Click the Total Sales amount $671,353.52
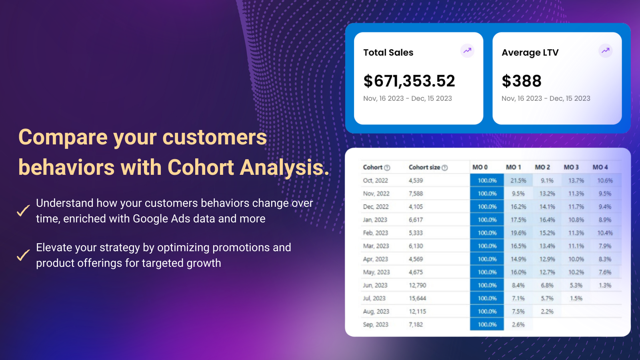409,81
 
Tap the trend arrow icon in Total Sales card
467,51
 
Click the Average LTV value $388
522,81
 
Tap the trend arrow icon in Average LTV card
606,51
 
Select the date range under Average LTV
546,98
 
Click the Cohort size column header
424,167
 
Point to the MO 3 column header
571,167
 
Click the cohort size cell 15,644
417,298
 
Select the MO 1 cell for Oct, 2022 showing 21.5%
518,180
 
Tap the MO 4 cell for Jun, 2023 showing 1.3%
605,285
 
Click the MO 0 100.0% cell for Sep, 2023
487,324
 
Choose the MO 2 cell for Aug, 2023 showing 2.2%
547,312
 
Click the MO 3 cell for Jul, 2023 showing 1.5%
576,298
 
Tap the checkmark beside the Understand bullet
23,210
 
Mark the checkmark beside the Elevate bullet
23,255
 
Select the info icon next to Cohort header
387,168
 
